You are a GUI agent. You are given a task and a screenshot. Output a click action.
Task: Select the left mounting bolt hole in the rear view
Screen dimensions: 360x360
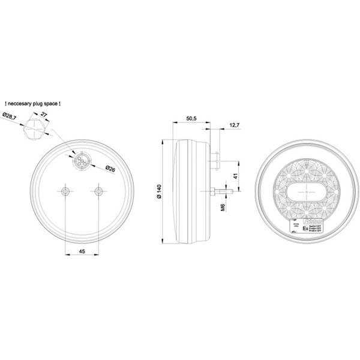tap(65, 191)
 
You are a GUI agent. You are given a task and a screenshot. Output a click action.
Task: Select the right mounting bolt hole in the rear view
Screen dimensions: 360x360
tap(98, 191)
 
